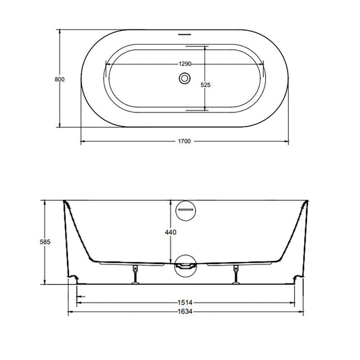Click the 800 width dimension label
[x=60, y=80]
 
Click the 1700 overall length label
[x=184, y=141]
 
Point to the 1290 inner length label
[x=185, y=64]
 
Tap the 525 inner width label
[x=206, y=85]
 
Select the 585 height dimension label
[x=45, y=242]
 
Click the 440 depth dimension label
[x=170, y=232]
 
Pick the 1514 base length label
[x=185, y=303]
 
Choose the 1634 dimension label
[x=185, y=312]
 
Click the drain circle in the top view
[x=185, y=78]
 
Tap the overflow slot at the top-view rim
[x=185, y=35]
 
